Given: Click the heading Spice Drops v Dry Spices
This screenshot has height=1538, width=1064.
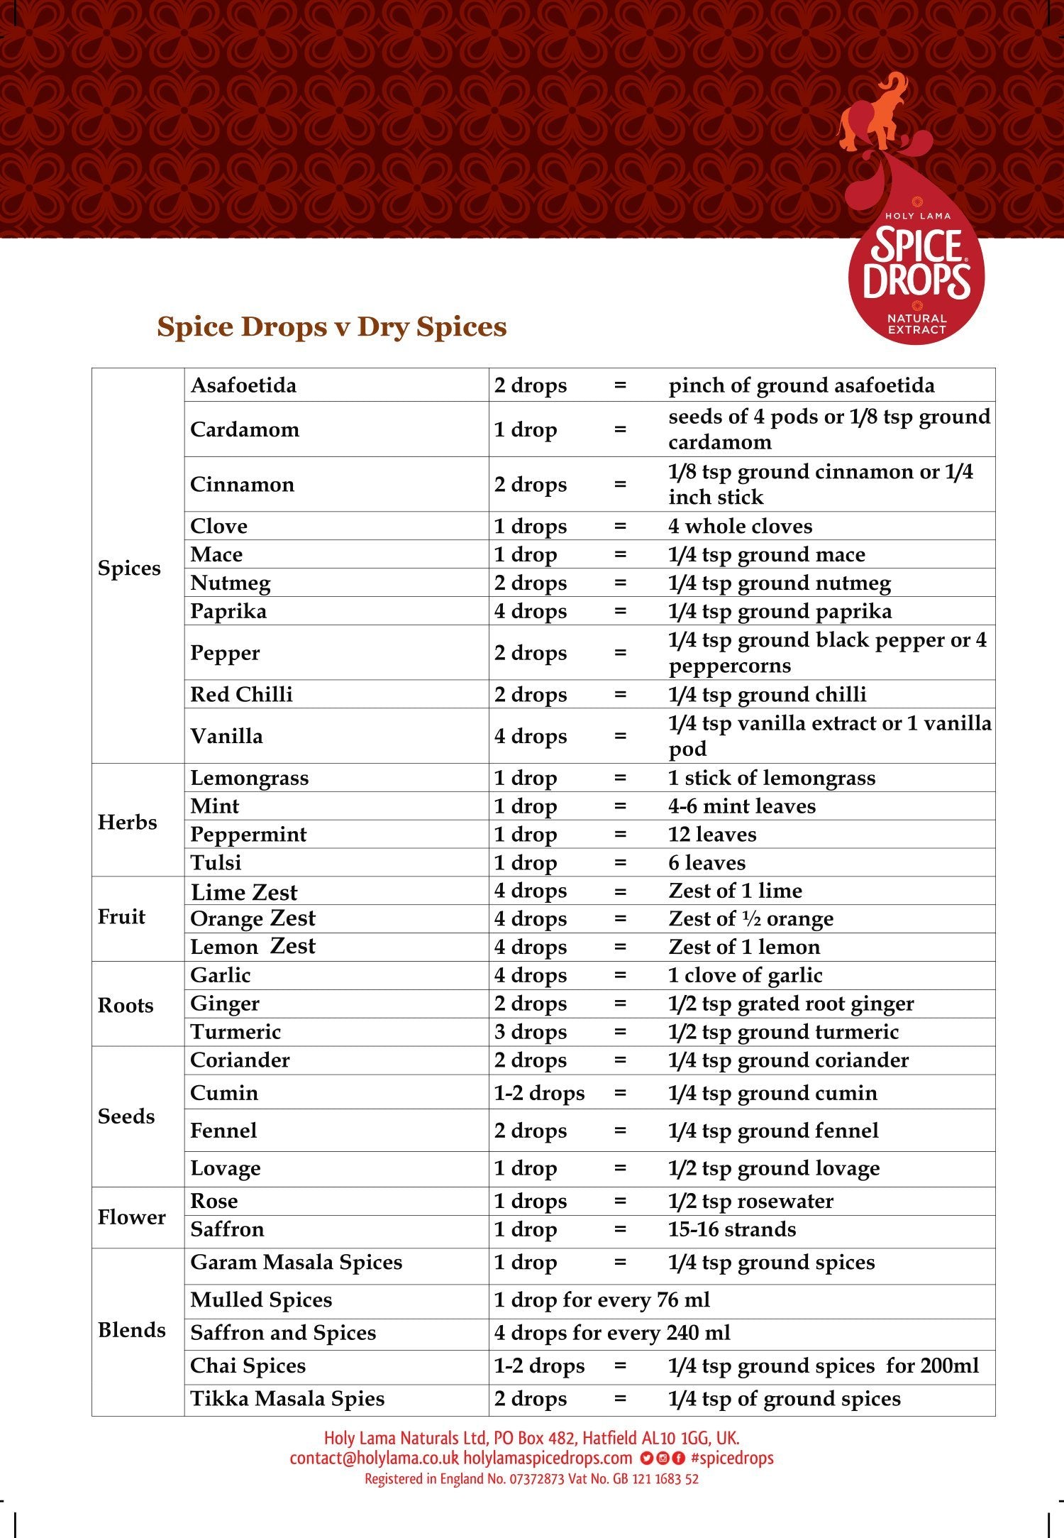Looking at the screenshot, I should coord(331,326).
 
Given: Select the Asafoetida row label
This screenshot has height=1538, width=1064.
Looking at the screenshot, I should coord(243,385).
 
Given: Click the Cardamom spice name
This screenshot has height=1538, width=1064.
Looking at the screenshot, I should coord(245,429).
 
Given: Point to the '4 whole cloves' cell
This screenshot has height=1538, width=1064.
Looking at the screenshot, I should coord(740,526).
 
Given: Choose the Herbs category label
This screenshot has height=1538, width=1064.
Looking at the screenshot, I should coord(128,822).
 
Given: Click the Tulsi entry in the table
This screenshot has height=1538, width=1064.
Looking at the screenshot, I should coord(216,862).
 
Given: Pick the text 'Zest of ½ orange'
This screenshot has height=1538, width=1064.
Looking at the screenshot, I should coord(750,918).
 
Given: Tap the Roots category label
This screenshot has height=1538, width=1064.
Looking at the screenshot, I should coord(126,1005).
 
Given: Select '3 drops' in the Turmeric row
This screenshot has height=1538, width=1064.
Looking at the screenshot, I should coord(531,1032).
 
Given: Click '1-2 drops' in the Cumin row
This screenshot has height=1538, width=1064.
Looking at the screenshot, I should coord(539,1093).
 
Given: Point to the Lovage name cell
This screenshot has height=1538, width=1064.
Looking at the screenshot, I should coord(226,1168).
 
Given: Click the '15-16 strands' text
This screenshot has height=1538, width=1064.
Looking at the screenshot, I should coord(732,1229).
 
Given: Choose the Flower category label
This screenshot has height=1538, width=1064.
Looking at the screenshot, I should coord(132,1217).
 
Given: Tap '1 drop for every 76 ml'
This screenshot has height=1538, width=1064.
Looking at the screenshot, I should coord(602,1300).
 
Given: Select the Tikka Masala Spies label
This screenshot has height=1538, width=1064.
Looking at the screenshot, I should coord(287,1398).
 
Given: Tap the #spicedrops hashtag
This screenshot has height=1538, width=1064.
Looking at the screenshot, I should coord(732,1458).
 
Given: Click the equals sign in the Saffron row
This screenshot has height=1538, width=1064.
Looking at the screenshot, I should coord(620,1229).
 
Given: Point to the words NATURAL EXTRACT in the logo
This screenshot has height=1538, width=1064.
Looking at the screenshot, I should coord(916,324).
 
